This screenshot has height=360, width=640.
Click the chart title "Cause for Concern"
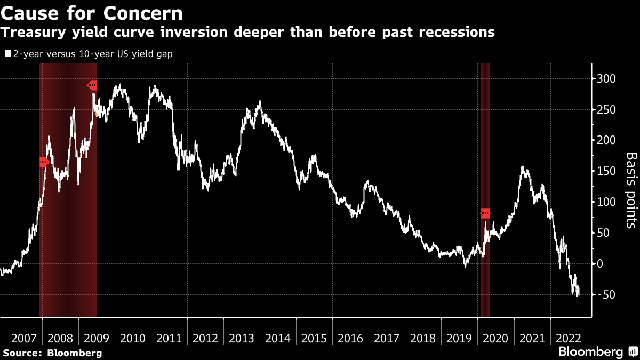pos(92,13)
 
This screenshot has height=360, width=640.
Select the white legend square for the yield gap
pos(7,54)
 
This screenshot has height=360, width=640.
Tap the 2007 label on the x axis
pos(24,338)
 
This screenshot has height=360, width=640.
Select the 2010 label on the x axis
pos(133,338)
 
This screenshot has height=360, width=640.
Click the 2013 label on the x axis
pos(242,338)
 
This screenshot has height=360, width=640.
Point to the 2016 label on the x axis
pos(350,338)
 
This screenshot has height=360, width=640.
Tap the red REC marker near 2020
pos(485,213)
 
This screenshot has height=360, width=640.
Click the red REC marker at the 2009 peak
pos(92,85)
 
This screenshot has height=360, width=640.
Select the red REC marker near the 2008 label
pos(44,162)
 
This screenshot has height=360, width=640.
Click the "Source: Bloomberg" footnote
pos(52,353)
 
